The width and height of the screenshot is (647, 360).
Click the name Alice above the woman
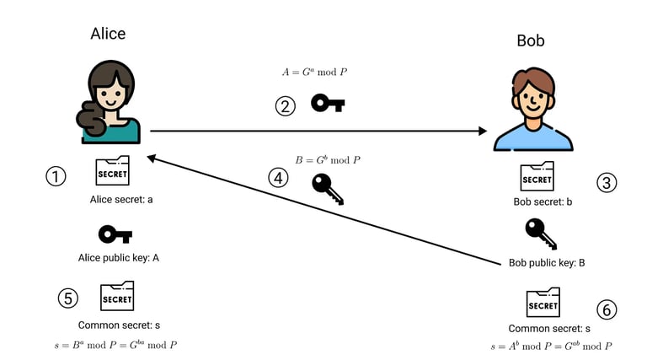108,34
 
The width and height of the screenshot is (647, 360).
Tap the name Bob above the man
531,40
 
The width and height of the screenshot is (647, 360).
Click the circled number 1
56,177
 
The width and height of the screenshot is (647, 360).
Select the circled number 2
285,106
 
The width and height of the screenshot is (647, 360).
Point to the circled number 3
607,183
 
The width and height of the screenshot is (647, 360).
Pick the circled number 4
278,178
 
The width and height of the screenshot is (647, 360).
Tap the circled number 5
68,298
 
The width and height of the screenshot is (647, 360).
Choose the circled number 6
607,309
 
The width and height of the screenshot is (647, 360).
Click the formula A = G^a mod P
314,73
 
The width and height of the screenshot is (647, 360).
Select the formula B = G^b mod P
328,160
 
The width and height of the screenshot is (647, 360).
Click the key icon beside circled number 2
328,103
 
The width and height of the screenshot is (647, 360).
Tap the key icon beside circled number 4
328,189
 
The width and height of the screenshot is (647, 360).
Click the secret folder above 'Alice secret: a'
112,170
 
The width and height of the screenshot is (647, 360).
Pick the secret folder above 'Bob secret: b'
537,176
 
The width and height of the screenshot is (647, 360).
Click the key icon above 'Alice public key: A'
115,234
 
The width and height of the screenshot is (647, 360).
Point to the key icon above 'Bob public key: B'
541,234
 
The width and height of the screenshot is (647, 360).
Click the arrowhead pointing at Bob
483,131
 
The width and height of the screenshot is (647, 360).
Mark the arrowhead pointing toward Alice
152,159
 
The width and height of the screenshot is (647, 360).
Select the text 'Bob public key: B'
547,263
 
